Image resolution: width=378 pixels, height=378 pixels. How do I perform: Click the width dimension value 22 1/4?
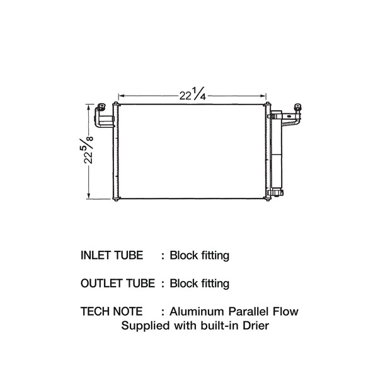(192, 95)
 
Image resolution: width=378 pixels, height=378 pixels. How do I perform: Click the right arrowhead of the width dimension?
(265, 96)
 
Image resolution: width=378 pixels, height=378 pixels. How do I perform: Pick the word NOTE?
(130, 311)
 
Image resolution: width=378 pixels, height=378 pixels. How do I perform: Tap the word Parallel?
(249, 311)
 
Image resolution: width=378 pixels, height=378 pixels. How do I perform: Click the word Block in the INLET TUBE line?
(183, 256)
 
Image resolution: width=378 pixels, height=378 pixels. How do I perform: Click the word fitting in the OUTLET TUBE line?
(214, 283)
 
